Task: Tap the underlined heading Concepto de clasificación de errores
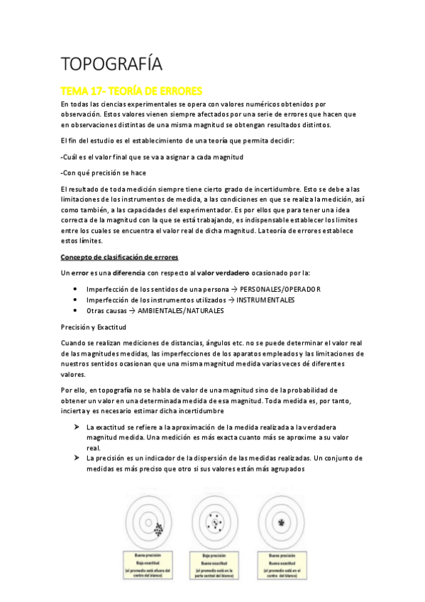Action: point(119,256)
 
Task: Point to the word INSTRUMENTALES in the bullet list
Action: point(266,300)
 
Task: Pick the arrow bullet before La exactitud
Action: point(75,427)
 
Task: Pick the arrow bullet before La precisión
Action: point(75,458)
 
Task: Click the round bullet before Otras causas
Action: point(75,310)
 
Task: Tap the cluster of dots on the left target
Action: point(159,527)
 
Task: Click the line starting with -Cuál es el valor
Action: point(153,157)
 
